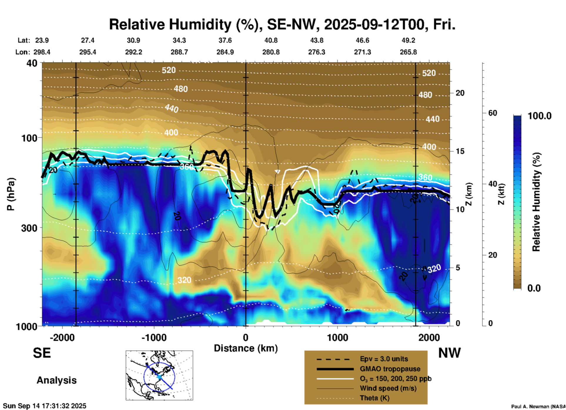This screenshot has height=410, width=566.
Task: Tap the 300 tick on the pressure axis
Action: click(x=29, y=228)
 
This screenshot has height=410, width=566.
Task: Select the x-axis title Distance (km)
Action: click(x=246, y=348)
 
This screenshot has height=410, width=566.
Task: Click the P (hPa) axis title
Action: click(x=11, y=194)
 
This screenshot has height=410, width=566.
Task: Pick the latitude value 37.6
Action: click(x=225, y=40)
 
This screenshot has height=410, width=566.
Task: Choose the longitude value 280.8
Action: click(x=271, y=52)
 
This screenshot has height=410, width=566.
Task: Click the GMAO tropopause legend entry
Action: click(x=390, y=369)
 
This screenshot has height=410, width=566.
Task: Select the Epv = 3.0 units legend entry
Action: click(x=384, y=359)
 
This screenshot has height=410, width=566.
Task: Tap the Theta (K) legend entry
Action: click(x=374, y=398)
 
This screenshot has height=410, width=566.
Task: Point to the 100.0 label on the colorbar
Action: click(x=540, y=116)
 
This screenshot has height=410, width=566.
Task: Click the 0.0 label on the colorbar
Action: click(x=534, y=288)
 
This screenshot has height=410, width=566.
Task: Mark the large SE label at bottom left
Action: click(x=42, y=353)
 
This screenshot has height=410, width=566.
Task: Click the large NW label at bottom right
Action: click(x=449, y=353)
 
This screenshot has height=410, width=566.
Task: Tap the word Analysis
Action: click(x=56, y=380)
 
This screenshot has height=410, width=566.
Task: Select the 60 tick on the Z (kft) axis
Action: click(x=493, y=113)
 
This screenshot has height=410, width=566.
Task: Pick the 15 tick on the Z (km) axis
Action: click(x=460, y=151)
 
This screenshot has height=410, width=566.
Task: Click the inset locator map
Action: click(x=159, y=375)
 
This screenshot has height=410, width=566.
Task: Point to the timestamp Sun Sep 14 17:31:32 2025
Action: click(x=45, y=406)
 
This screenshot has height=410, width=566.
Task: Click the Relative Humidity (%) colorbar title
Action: click(x=536, y=202)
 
